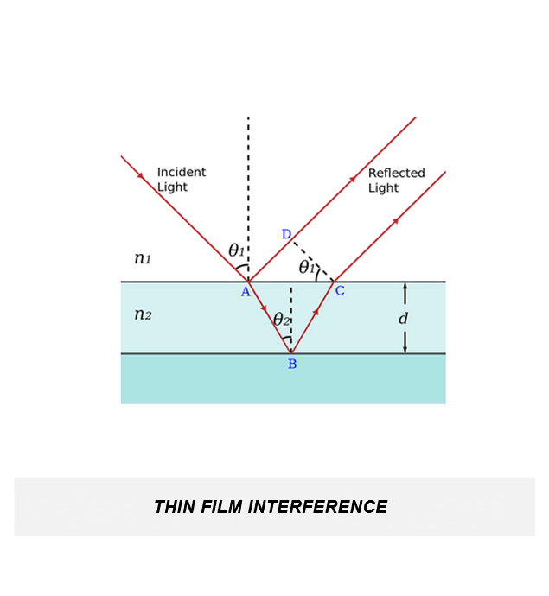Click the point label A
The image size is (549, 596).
click(246, 292)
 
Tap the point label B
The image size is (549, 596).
click(292, 365)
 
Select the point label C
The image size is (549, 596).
click(340, 291)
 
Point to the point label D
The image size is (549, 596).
click(286, 235)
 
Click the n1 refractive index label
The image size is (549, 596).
click(143, 258)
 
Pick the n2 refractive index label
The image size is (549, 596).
click(143, 314)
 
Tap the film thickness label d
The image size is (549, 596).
click(403, 319)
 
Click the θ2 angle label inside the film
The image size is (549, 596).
click(281, 320)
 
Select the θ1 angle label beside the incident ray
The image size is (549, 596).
click(236, 250)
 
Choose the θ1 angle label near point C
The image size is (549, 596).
click(307, 267)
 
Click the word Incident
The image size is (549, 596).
click(181, 173)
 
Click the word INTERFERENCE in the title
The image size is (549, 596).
click(318, 507)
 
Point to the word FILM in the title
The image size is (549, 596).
click(221, 507)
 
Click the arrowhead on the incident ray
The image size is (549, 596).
click(140, 175)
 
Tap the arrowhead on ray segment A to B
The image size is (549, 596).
click(264, 308)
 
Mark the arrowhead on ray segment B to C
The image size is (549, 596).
click(316, 312)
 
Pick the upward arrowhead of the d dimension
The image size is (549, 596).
click(405, 287)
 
